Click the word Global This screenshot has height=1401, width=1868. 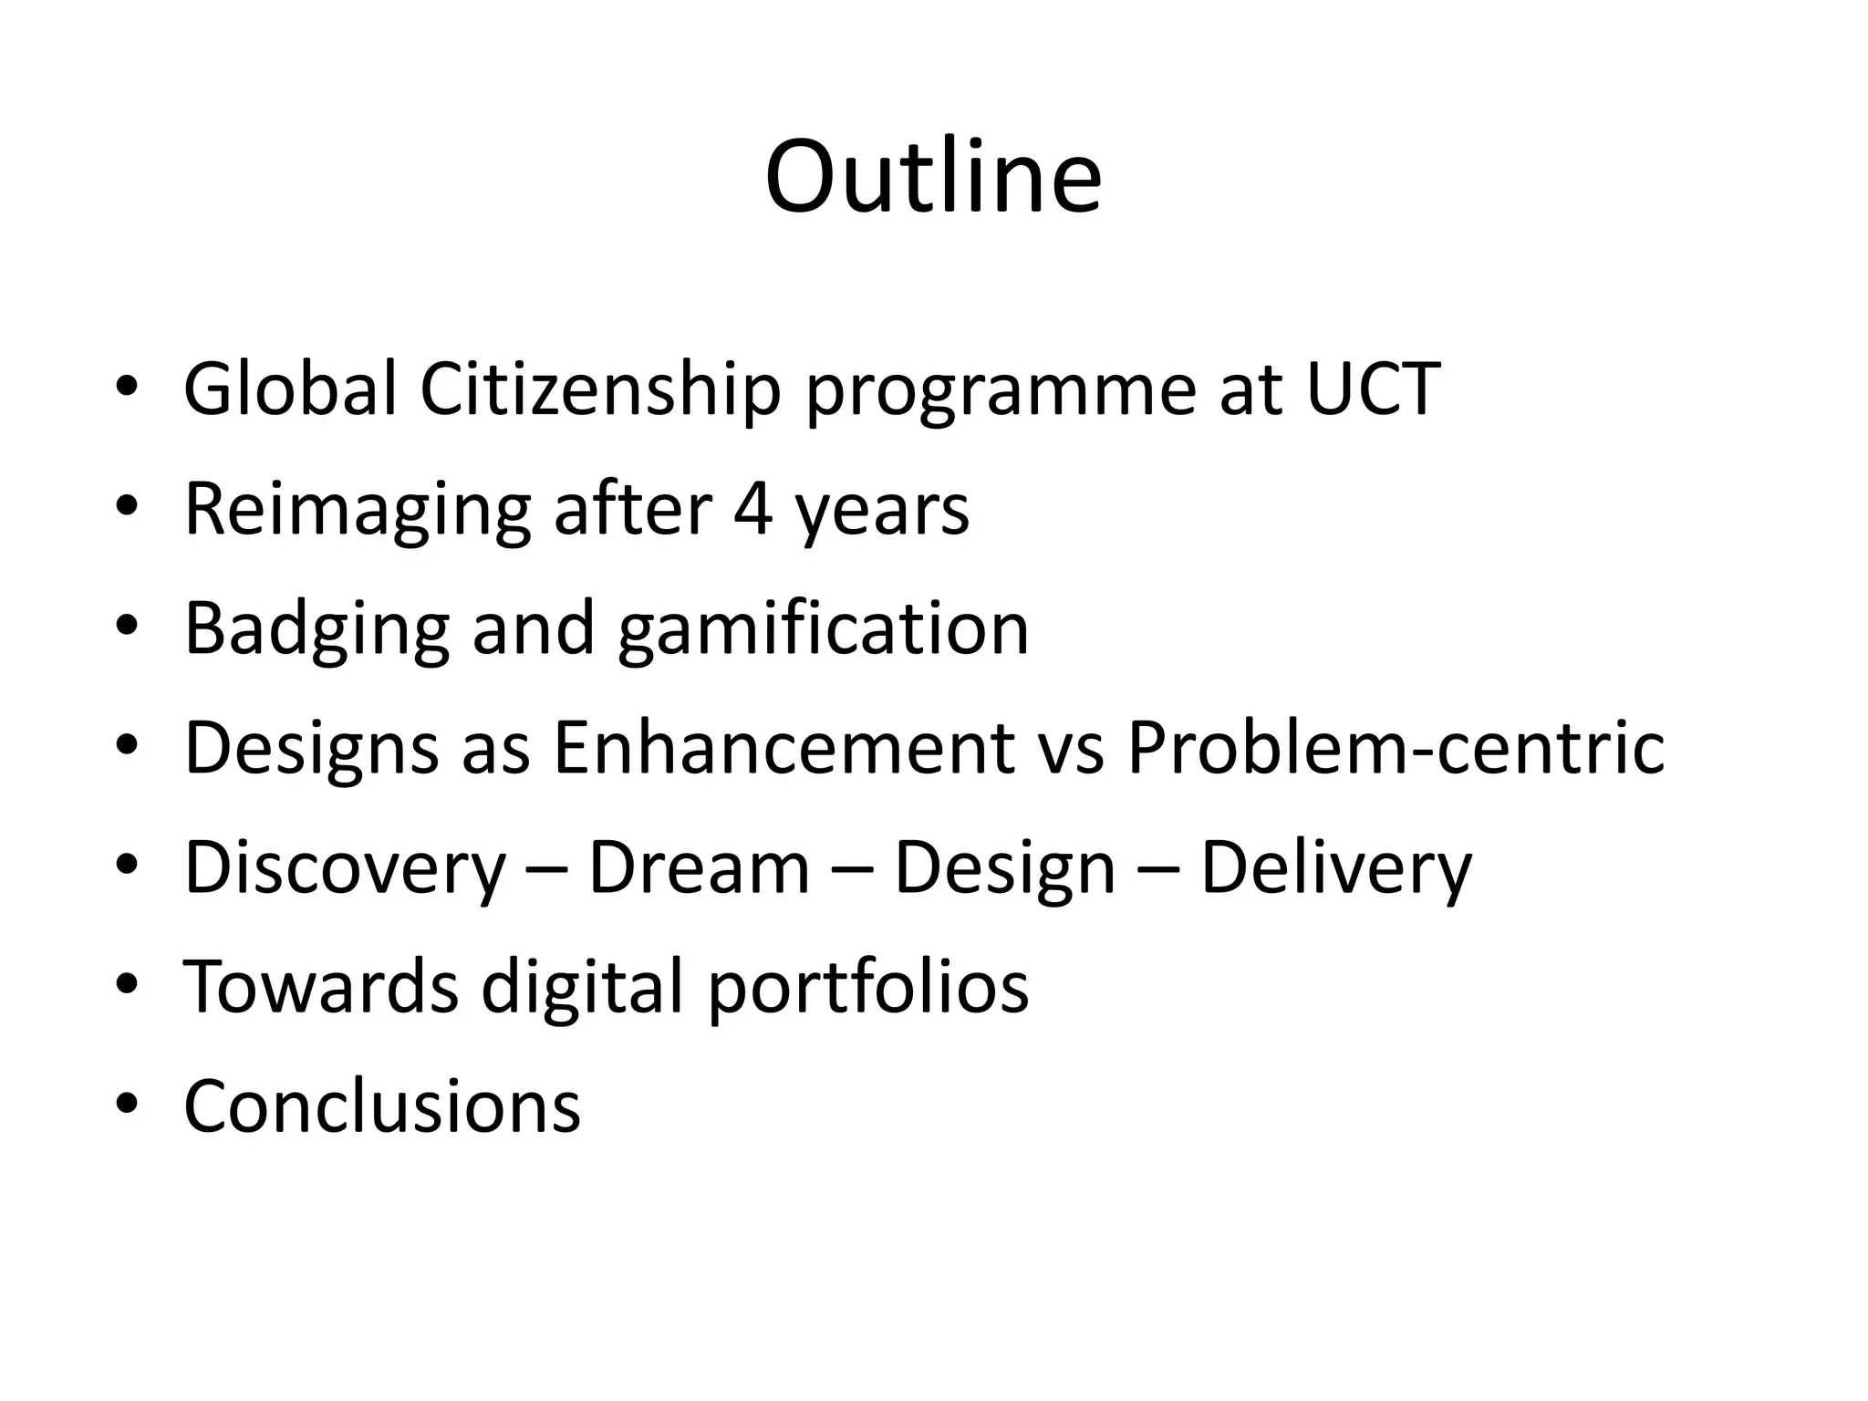[x=290, y=389]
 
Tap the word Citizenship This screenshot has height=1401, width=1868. [x=600, y=389]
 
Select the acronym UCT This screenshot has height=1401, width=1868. [x=1373, y=389]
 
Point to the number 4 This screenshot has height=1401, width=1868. [x=753, y=510]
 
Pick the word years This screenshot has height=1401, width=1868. [x=882, y=513]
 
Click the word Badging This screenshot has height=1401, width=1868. [x=317, y=629]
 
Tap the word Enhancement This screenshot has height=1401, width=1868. [x=784, y=748]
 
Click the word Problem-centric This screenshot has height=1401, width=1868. [x=1396, y=748]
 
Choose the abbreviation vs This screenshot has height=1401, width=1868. [x=1071, y=750]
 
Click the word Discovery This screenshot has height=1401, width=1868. [x=345, y=868]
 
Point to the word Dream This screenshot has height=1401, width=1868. [x=699, y=868]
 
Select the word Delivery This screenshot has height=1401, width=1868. [x=1335, y=868]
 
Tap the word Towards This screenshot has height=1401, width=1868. [x=321, y=987]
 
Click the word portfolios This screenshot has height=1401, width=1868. [x=867, y=989]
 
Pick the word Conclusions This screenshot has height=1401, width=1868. [x=382, y=1106]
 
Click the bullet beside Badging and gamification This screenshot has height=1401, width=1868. [x=127, y=627]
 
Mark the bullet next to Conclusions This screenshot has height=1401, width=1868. [x=127, y=1105]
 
